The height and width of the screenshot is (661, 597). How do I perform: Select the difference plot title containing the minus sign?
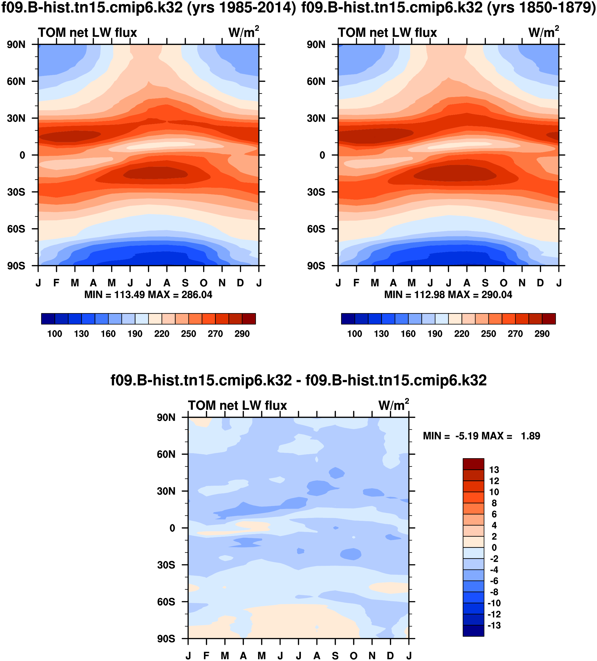coord(298,380)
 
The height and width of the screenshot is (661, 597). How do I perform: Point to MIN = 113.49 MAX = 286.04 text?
coord(148,295)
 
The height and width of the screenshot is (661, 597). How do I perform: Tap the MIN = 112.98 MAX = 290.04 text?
coord(448,295)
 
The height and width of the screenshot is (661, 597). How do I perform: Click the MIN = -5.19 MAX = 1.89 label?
coord(481,436)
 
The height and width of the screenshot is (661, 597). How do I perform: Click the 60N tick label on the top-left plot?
coord(16,81)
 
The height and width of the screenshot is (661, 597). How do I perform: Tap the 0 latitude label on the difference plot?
coord(172,528)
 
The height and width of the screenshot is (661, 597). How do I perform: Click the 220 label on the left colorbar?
coord(162,334)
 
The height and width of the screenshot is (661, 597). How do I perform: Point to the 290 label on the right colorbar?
coord(542,334)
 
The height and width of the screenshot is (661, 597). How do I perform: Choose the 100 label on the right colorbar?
coord(355,334)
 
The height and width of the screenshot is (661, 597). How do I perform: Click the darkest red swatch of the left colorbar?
coord(249,319)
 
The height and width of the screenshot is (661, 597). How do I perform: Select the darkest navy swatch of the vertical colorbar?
coord(473,631)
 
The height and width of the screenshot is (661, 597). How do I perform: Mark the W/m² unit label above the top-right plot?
coord(544,33)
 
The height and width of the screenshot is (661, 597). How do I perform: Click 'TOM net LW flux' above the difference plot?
coord(237,406)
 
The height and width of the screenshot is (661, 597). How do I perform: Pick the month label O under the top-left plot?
coord(204,283)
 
